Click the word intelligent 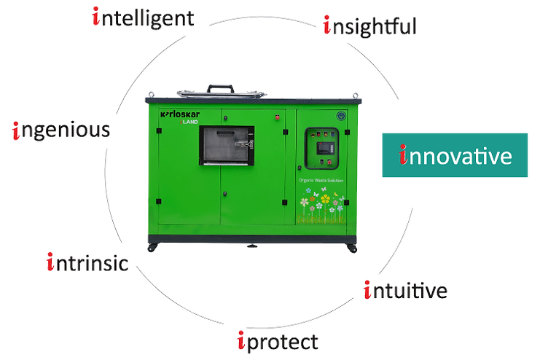144,18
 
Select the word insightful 370,26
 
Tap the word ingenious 61,130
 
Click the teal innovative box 455,155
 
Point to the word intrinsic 87,262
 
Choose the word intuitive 406,290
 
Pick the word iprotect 278,341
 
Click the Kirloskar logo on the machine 180,114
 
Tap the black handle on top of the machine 220,88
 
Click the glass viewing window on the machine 227,145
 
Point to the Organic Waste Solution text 321,180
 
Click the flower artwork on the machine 321,205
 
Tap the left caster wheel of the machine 152,247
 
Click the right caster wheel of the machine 352,248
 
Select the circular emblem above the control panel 341,116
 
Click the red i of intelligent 96,16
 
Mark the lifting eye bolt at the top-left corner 151,95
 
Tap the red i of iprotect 241,340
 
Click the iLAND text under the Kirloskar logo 189,122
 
